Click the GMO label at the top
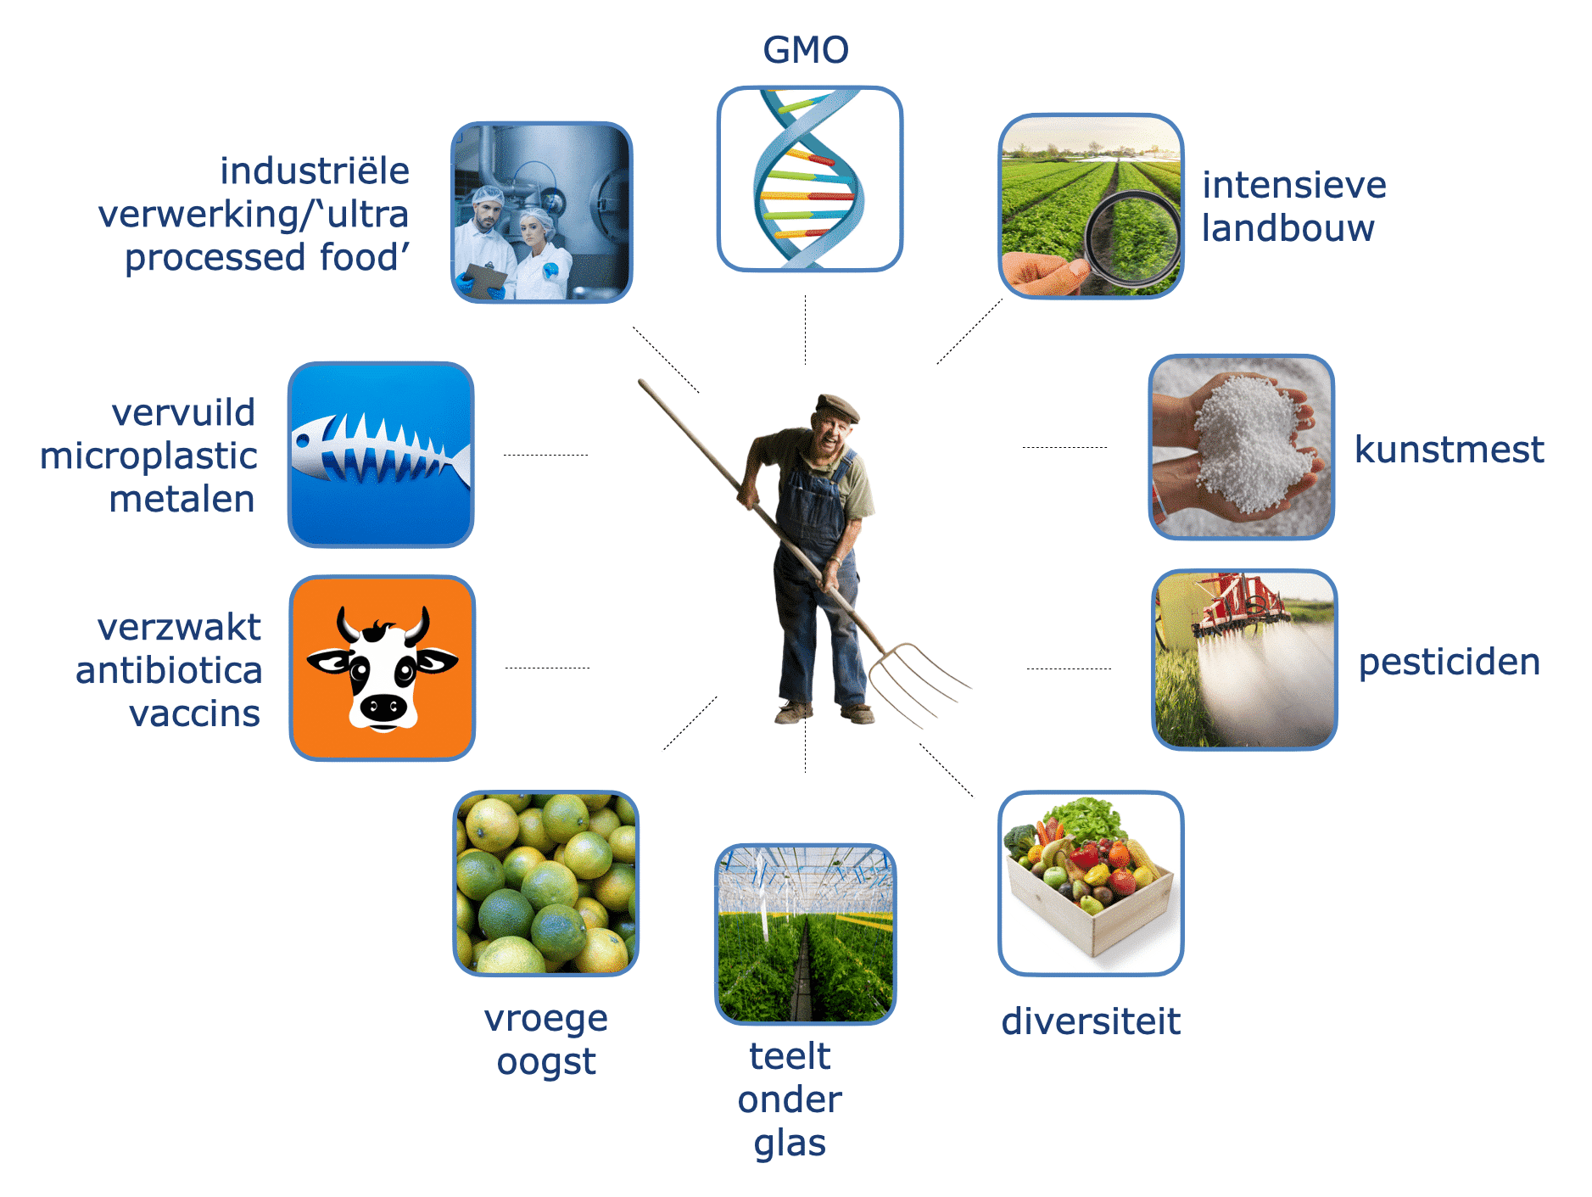tap(806, 50)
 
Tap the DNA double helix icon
tap(809, 179)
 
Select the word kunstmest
tap(1449, 450)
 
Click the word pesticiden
tap(1449, 663)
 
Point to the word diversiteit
tap(1091, 1021)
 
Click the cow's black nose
tap(383, 708)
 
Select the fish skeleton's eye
tap(303, 440)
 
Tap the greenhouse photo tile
tap(806, 934)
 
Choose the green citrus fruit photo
tap(546, 883)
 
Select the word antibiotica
tap(169, 671)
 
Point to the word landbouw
tap(1288, 228)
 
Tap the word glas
tap(790, 1144)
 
